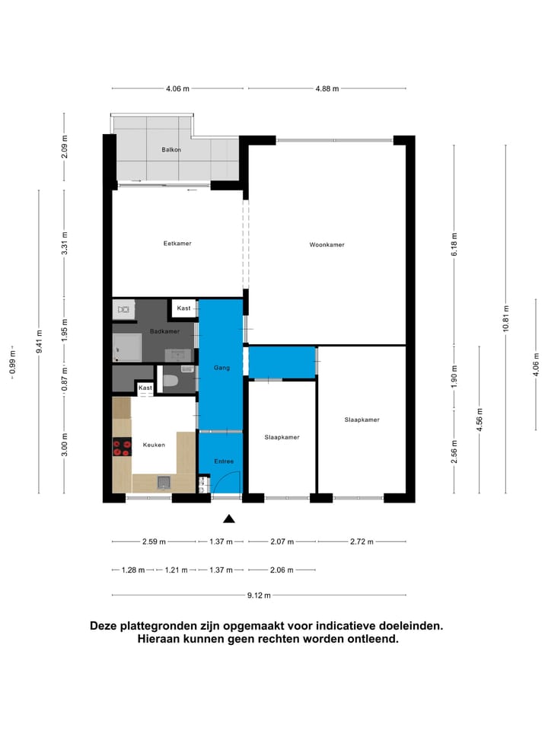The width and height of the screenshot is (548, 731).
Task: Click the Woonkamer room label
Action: [327, 244]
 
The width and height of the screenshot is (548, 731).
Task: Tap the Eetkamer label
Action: [177, 244]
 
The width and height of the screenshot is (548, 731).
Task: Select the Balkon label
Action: [171, 150]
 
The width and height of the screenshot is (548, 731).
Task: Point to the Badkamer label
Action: [164, 331]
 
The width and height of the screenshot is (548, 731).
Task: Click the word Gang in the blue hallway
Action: [221, 368]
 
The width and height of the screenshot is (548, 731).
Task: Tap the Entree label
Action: [224, 461]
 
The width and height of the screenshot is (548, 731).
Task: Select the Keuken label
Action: [154, 445]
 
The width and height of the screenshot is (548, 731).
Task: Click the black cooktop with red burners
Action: [122, 448]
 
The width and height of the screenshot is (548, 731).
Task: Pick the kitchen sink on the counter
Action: [164, 481]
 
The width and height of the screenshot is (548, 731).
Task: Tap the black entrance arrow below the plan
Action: [228, 519]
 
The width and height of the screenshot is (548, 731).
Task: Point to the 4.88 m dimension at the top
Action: [327, 88]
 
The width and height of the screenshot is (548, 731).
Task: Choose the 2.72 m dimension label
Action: [362, 542]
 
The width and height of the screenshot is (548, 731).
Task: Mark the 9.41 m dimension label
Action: [39, 341]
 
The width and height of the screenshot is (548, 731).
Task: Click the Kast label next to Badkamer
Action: [183, 308]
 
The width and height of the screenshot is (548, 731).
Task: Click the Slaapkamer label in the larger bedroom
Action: [362, 420]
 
